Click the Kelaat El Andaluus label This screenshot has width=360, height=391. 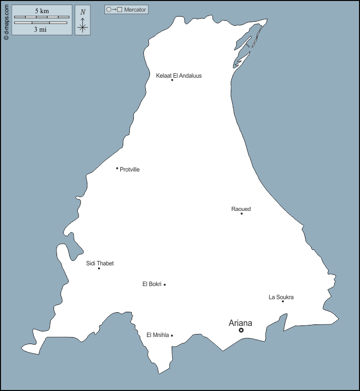pyautogui.click(x=179, y=76)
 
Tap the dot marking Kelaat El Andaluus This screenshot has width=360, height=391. pyautogui.click(x=172, y=80)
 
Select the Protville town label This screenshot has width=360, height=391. pyautogui.click(x=130, y=170)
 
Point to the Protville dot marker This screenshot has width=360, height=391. pyautogui.click(x=117, y=168)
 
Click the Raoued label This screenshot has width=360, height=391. pyautogui.click(x=241, y=209)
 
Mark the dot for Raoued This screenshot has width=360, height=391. pyautogui.click(x=241, y=213)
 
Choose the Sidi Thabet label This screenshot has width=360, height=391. pyautogui.click(x=100, y=263)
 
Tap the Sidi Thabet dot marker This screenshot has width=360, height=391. pyautogui.click(x=99, y=268)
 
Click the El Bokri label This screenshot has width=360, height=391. pyautogui.click(x=152, y=284)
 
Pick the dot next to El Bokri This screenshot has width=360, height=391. pyautogui.click(x=165, y=285)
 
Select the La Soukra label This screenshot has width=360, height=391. pyautogui.click(x=281, y=297)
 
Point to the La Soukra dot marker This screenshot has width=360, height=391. pyautogui.click(x=283, y=301)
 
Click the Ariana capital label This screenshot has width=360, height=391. pyautogui.click(x=240, y=323)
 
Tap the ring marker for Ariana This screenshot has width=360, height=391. pyautogui.click(x=241, y=330)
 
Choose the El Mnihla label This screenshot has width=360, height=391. pyautogui.click(x=157, y=334)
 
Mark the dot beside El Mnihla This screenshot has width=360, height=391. pyautogui.click(x=172, y=335)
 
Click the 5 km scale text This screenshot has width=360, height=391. pyautogui.click(x=42, y=11)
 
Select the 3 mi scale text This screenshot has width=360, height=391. pyautogui.click(x=40, y=29)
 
